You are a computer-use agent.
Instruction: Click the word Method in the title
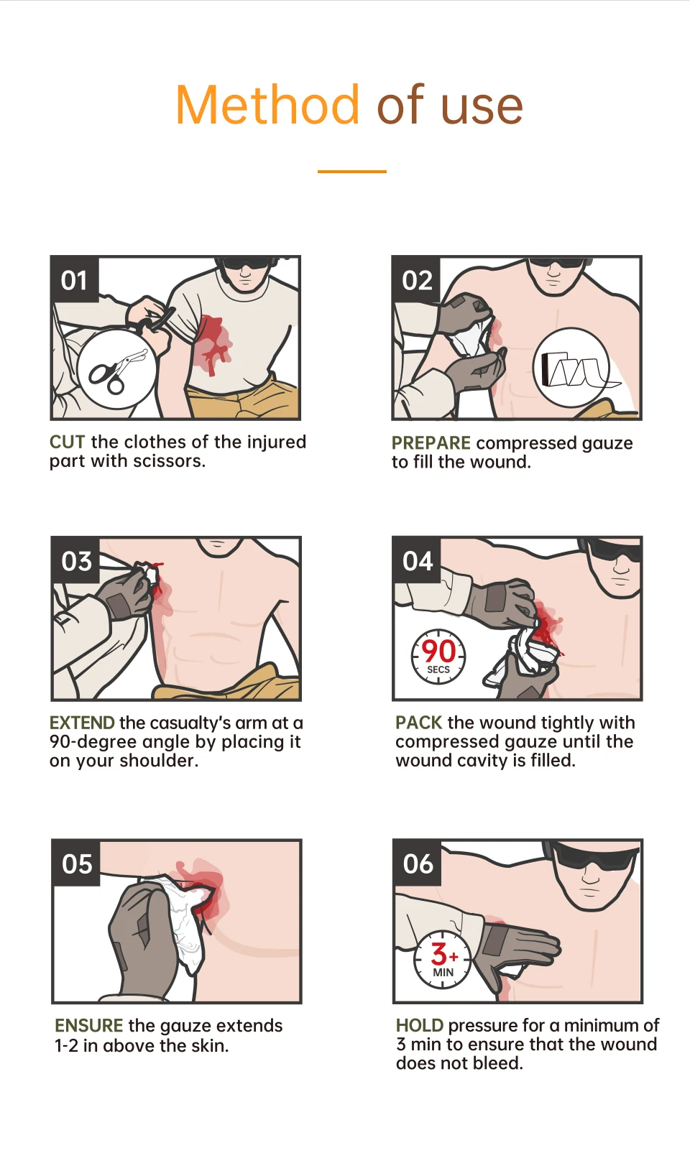pyautogui.click(x=267, y=106)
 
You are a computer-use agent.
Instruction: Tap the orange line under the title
pyautogui.click(x=351, y=172)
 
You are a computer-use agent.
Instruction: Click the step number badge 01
pyautogui.click(x=74, y=279)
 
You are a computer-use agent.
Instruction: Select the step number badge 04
pyautogui.click(x=417, y=560)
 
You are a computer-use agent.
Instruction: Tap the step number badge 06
pyautogui.click(x=418, y=863)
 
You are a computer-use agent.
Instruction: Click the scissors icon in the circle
pyautogui.click(x=116, y=369)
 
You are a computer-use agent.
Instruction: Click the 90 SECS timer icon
pyautogui.click(x=438, y=656)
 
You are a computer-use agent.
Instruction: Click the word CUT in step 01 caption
pyautogui.click(x=67, y=442)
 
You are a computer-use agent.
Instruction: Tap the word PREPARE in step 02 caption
pyautogui.click(x=431, y=443)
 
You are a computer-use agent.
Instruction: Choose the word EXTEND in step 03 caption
pyautogui.click(x=82, y=723)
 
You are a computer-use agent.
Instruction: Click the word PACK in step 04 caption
pyautogui.click(x=418, y=723)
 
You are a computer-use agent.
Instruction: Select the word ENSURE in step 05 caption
pyautogui.click(x=88, y=1026)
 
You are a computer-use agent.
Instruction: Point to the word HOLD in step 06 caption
pyautogui.click(x=419, y=1026)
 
